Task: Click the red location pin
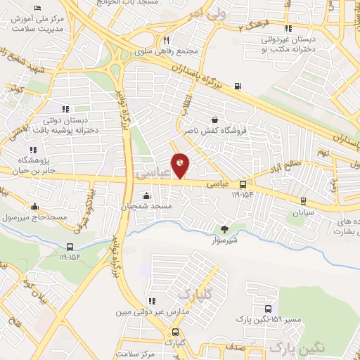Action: [181, 165]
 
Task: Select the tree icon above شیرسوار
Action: [224, 229]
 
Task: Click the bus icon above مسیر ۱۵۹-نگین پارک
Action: [268, 309]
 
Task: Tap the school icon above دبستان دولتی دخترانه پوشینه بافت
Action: [65, 109]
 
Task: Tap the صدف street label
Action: [236, 347]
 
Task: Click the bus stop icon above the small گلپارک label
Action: [175, 332]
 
